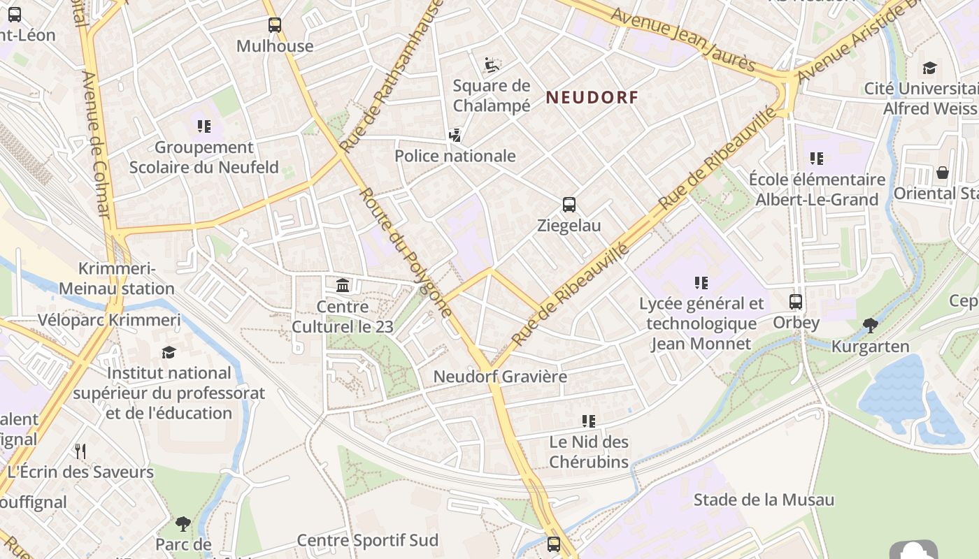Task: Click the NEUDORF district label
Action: pyautogui.click(x=592, y=97)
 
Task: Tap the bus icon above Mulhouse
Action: pyautogui.click(x=275, y=25)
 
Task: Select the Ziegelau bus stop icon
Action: pyautogui.click(x=569, y=205)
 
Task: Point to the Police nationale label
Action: pyautogui.click(x=455, y=156)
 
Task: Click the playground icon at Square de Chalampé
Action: pyautogui.click(x=492, y=65)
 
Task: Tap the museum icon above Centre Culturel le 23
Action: pyautogui.click(x=343, y=285)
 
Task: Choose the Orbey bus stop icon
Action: pyautogui.click(x=796, y=302)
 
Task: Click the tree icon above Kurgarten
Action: pyautogui.click(x=871, y=325)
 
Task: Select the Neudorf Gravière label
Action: pyautogui.click(x=500, y=377)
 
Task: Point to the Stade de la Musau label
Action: pyautogui.click(x=764, y=500)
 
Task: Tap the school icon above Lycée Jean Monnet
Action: pyautogui.click(x=701, y=282)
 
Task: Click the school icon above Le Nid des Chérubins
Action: pyautogui.click(x=589, y=421)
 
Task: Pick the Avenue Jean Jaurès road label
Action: pyautogui.click(x=683, y=39)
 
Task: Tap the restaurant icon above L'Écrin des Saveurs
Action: pyautogui.click(x=80, y=451)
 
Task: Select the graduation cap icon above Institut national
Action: pyautogui.click(x=169, y=352)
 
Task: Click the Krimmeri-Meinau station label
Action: pyautogui.click(x=117, y=279)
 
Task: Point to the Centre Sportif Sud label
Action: pyautogui.click(x=368, y=540)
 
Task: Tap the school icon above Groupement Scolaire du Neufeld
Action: pyautogui.click(x=204, y=126)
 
